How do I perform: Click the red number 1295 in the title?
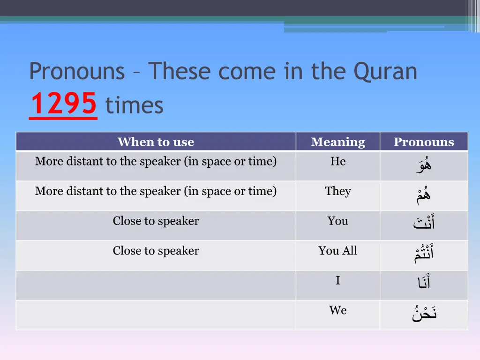(63, 104)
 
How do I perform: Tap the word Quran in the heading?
(385, 71)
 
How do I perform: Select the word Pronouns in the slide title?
(77, 71)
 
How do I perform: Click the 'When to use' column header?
(156, 142)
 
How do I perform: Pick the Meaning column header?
(337, 142)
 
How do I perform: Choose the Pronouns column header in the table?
(424, 142)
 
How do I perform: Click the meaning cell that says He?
(337, 161)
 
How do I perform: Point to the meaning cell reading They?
(337, 191)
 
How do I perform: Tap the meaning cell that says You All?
(337, 251)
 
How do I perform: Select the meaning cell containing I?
(337, 280)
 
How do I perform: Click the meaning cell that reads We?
(337, 310)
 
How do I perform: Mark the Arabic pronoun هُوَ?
(424, 165)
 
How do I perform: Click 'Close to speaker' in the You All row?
(156, 251)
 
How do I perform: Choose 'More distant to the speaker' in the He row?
(156, 161)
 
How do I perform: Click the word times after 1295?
(135, 105)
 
